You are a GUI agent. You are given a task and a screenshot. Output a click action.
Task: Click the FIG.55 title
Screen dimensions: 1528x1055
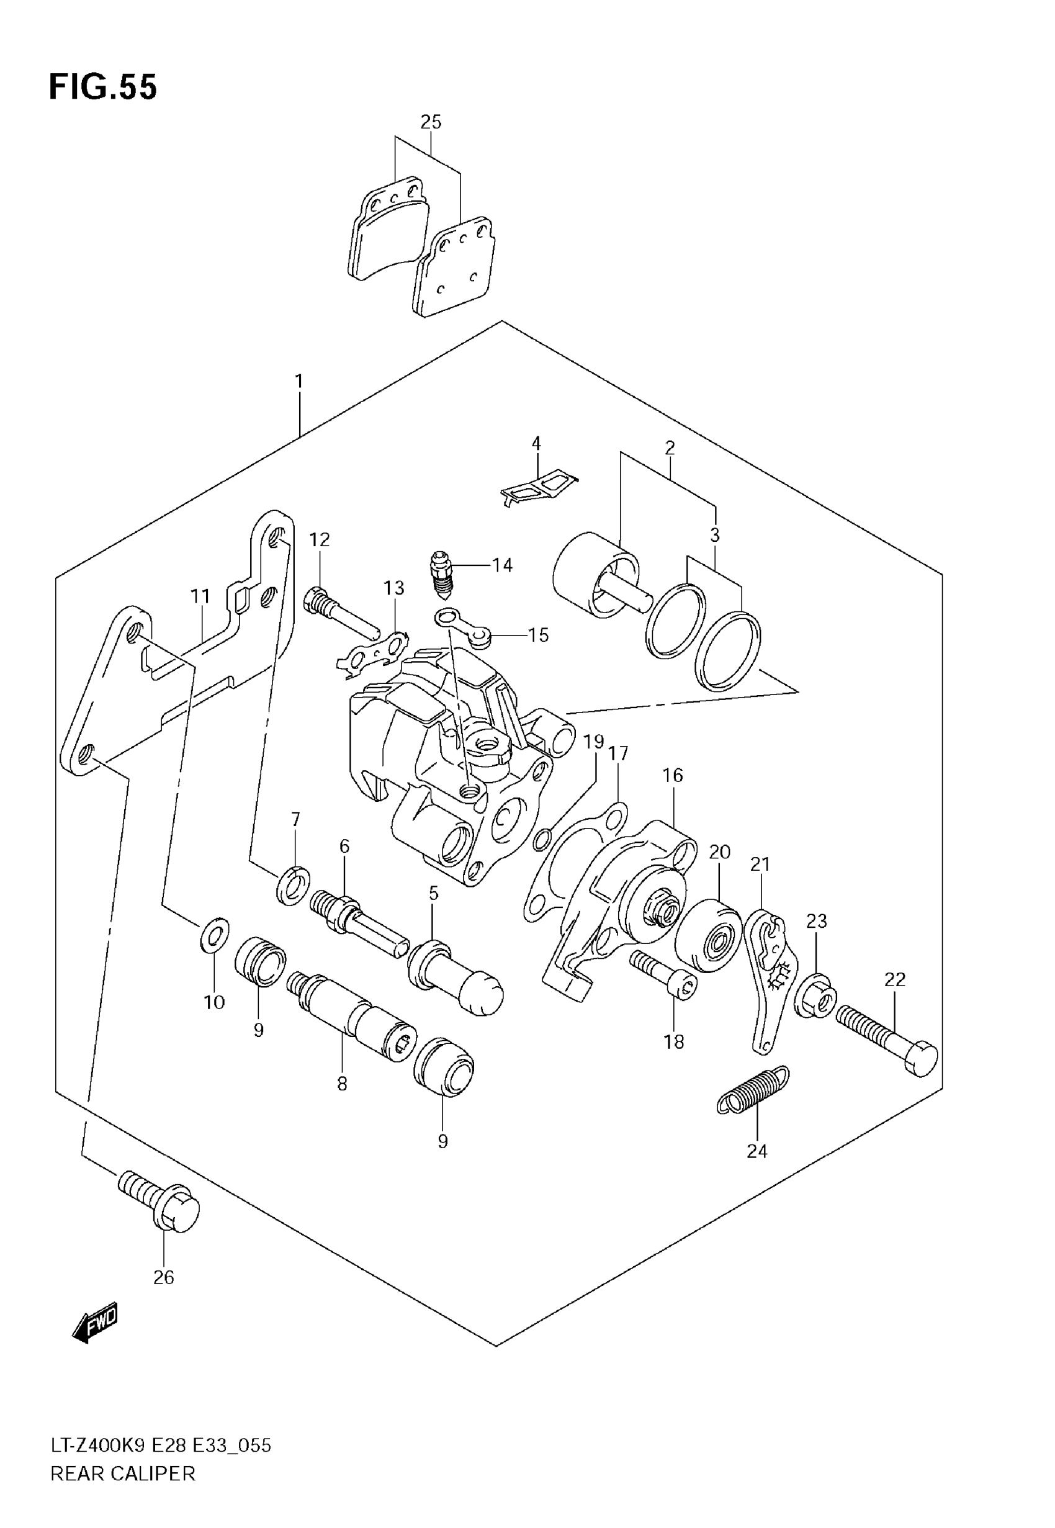point(103,88)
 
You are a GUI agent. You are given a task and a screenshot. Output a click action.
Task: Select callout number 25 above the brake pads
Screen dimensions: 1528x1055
point(430,122)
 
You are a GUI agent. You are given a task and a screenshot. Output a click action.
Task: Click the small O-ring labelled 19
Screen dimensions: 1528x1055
point(541,839)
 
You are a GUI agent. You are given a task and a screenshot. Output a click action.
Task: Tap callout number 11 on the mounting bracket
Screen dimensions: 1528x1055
point(200,597)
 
